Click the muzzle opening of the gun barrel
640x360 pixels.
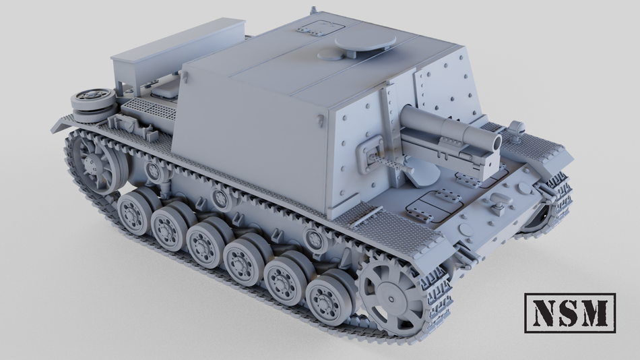coord(494,142)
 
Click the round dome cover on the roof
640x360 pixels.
coord(364,44)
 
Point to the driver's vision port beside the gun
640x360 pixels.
coord(373,153)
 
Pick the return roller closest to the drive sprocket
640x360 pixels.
coord(313,237)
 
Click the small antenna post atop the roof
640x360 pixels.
coord(313,11)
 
